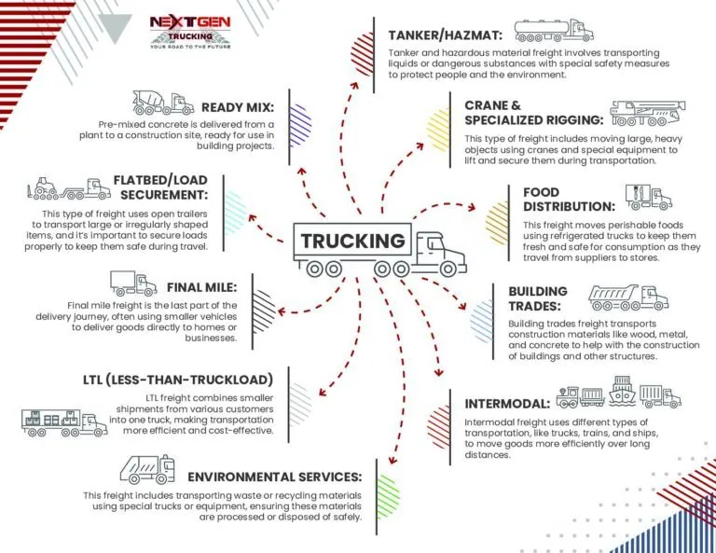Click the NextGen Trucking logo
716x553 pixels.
190,32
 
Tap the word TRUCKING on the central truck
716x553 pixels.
353,241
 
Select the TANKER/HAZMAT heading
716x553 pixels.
446,35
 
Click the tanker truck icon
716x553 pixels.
554,31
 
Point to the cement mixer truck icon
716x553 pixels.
163,103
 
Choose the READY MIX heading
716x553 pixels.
238,107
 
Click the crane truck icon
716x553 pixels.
648,113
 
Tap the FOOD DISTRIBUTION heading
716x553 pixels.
569,199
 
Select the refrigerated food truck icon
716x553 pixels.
649,197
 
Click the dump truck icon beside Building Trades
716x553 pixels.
628,297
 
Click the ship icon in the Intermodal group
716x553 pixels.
622,392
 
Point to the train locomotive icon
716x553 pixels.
568,397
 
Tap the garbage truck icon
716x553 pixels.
147,469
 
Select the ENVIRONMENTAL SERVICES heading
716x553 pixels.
274,477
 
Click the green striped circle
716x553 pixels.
388,496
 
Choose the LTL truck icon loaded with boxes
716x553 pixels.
64,422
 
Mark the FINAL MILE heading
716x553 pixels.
201,287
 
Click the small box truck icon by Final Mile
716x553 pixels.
133,283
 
